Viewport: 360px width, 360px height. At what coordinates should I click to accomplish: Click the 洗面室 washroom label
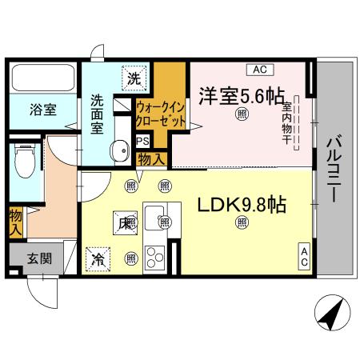97,114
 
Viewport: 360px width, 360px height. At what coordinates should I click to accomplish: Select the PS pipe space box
143,141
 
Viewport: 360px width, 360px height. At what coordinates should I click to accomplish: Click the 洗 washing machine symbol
136,78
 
